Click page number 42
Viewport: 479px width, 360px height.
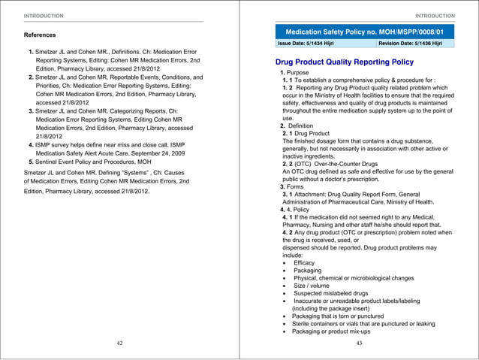119,343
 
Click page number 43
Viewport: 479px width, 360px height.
359,343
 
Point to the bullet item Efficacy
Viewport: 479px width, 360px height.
304,263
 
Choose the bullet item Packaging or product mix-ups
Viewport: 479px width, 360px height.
332,331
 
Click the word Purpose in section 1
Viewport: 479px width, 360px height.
303,72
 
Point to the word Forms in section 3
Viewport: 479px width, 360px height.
299,186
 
